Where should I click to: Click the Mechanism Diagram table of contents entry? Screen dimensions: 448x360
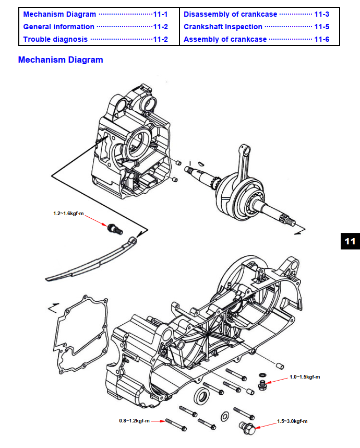click(59, 14)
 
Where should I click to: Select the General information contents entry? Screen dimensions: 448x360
click(59, 27)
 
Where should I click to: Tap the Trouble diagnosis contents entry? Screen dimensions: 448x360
click(55, 39)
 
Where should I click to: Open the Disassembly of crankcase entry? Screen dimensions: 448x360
click(230, 14)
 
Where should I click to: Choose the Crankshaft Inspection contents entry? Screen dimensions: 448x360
click(223, 27)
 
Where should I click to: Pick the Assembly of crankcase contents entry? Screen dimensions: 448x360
click(225, 39)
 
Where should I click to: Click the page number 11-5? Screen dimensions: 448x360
click(321, 27)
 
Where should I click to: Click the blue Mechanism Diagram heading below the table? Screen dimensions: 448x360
click(61, 60)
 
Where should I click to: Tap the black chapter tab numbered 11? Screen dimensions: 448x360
click(350, 241)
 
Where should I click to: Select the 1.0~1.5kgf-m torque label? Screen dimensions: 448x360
click(305, 376)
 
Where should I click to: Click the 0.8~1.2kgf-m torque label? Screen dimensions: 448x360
click(134, 420)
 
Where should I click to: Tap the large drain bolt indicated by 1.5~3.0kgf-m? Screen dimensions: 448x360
click(248, 428)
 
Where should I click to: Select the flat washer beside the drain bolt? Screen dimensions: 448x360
click(225, 416)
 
